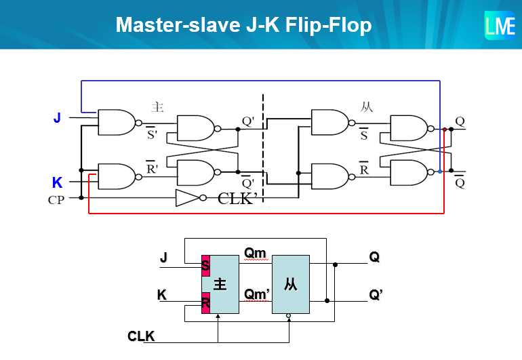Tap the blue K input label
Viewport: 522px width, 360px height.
click(x=57, y=182)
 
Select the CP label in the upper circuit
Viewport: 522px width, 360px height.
click(x=56, y=201)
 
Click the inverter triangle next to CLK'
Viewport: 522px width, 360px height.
click(x=186, y=198)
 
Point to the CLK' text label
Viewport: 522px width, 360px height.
click(x=235, y=199)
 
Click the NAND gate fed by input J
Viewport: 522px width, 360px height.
click(x=117, y=123)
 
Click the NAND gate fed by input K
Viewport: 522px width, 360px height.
click(x=117, y=176)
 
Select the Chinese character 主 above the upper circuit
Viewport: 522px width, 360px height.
click(x=157, y=106)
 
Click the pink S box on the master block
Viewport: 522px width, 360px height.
click(x=205, y=265)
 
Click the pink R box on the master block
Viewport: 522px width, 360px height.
click(x=205, y=302)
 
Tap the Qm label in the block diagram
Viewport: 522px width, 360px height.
click(x=255, y=253)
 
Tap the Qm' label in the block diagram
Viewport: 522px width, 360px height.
click(x=257, y=294)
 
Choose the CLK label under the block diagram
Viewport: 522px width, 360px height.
click(x=141, y=336)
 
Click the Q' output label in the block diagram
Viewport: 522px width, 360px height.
click(x=377, y=295)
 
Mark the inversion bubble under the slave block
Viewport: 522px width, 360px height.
click(x=289, y=317)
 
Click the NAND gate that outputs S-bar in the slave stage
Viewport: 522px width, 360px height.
click(x=329, y=123)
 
